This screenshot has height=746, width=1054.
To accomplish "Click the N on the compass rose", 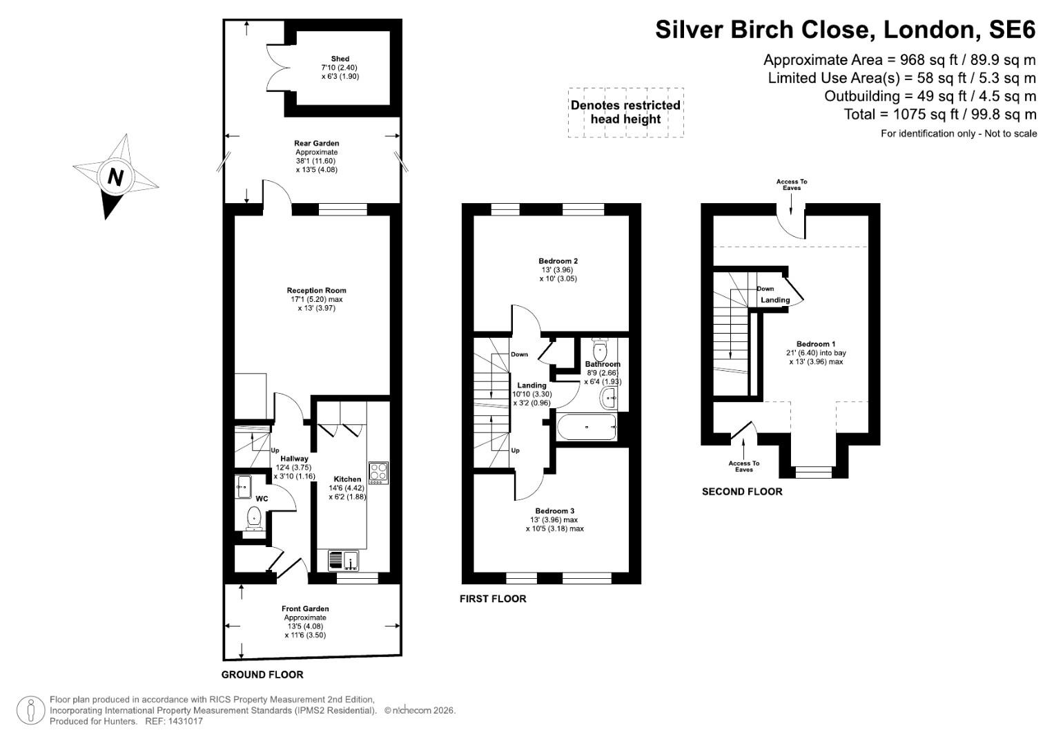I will [115, 178].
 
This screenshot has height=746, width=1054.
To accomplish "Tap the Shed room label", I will [340, 59].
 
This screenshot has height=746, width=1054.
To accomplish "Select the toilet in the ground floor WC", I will [253, 517].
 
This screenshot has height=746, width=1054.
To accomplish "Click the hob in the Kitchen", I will [378, 472].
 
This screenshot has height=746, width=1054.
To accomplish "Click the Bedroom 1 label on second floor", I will [816, 344].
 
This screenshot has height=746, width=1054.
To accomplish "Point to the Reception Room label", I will [316, 291].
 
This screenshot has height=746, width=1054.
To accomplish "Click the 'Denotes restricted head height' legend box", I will [625, 113].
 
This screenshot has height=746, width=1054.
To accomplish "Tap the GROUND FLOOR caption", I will [262, 675].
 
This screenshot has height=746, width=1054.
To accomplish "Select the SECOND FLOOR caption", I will [742, 492].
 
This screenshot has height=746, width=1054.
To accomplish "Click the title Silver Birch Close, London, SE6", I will [845, 30].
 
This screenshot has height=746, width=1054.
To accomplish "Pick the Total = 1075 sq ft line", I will [939, 114].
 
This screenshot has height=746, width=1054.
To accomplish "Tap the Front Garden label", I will [305, 609].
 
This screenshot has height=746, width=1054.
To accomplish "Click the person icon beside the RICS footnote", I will [30, 710].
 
